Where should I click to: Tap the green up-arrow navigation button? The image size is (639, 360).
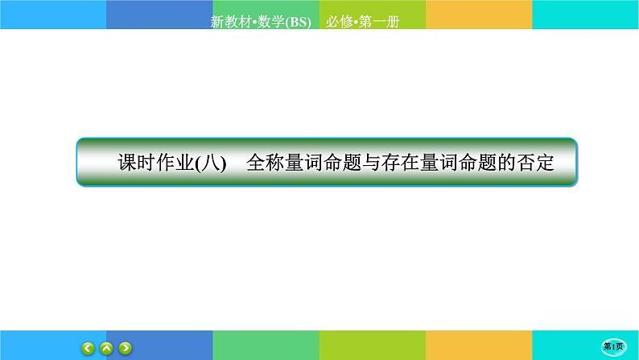pyautogui.click(x=107, y=349)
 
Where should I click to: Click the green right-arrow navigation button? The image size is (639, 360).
pyautogui.click(x=126, y=349)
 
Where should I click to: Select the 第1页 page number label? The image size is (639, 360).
pyautogui.click(x=615, y=346)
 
